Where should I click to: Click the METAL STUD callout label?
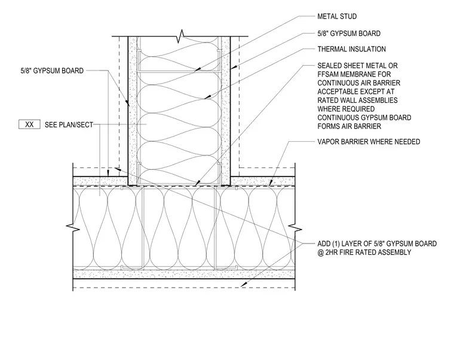(337, 16)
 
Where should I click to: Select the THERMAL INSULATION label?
(351, 49)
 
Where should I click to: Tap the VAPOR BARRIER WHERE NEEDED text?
(369, 142)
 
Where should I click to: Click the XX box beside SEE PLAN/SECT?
(29, 124)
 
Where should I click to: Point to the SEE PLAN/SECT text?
(69, 125)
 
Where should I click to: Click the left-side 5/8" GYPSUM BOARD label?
(52, 71)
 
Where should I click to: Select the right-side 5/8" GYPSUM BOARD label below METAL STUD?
(349, 33)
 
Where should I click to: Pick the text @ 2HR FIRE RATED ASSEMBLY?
(364, 252)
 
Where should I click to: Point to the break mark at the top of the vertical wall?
(181, 36)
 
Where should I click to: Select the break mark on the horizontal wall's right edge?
(295, 228)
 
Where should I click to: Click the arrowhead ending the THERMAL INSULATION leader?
(207, 97)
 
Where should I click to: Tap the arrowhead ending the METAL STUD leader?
(197, 69)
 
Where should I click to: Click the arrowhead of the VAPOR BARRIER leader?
(271, 183)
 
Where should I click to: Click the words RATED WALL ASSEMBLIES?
(358, 100)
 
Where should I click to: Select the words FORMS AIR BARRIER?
(349, 126)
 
